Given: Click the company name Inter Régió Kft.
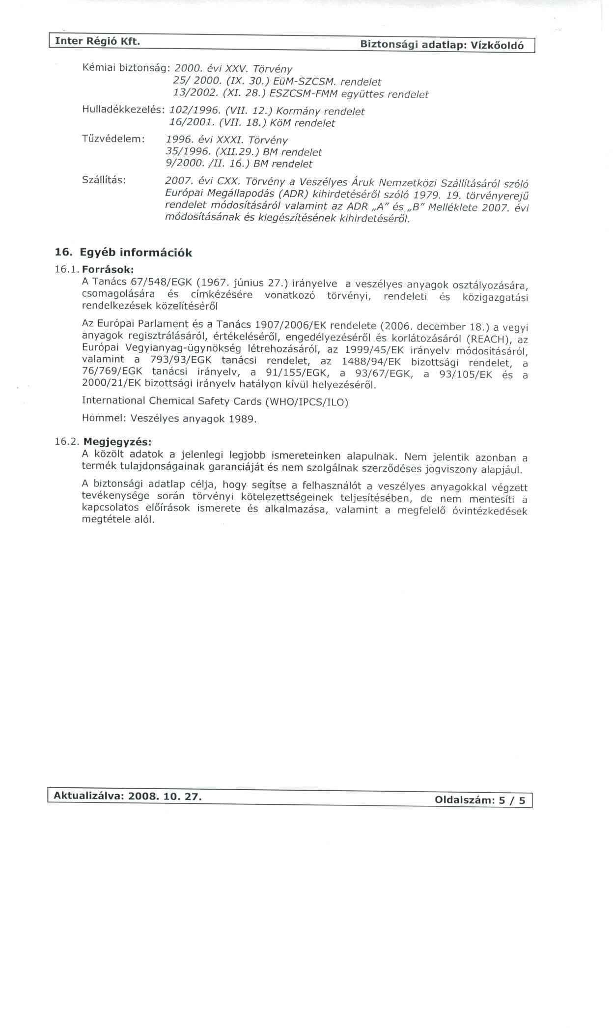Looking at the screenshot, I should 97,41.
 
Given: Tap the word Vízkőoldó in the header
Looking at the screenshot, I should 497,46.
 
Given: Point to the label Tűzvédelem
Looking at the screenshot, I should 113,139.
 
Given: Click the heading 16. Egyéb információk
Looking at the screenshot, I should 123,253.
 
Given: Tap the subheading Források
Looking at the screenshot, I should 108,269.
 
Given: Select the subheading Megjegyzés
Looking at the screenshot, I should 117,441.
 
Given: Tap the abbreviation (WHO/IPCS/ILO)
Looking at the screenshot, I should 306,402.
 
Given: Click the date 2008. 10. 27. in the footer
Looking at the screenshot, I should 165,797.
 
